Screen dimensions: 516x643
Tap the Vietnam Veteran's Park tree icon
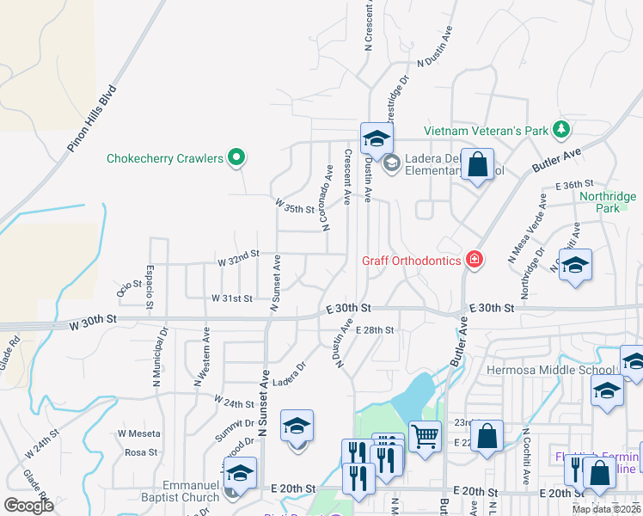click(x=561, y=130)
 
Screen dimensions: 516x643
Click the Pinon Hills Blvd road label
click(x=92, y=119)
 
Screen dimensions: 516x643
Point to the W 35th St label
click(x=296, y=206)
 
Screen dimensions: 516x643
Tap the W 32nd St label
click(x=238, y=257)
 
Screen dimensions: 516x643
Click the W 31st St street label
click(x=232, y=298)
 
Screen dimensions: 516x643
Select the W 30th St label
click(x=91, y=322)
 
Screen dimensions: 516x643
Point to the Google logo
click(x=28, y=506)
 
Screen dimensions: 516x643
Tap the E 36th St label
click(x=574, y=185)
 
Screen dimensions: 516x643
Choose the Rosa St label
click(x=141, y=451)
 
